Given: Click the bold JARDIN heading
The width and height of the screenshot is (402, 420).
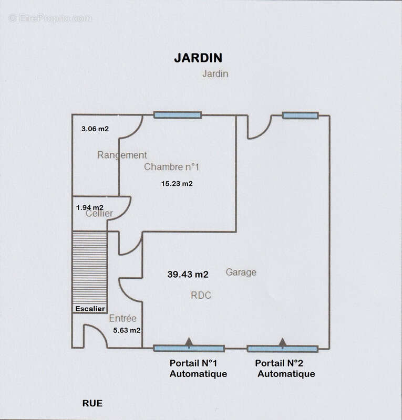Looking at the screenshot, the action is [198, 58].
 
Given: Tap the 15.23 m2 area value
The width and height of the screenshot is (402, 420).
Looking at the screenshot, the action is [177, 184].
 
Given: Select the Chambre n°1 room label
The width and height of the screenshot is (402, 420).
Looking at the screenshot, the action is [172, 167].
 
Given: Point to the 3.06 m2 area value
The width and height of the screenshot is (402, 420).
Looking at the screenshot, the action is [95, 129].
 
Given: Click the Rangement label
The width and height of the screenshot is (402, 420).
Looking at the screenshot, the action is [122, 155].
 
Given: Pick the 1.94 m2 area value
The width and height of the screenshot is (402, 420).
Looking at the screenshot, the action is [89, 207].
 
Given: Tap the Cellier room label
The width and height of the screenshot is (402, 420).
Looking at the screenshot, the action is [99, 214].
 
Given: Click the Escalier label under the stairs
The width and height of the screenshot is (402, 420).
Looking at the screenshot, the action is [90, 309].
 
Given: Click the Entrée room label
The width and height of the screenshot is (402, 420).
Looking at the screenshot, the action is [123, 318].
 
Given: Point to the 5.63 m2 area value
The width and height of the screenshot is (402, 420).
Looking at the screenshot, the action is [127, 330].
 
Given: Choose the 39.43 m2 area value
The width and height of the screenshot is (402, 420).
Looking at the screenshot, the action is [188, 274].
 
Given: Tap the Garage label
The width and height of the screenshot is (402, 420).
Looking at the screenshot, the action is [241, 272].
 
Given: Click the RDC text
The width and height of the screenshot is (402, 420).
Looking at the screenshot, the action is [201, 296].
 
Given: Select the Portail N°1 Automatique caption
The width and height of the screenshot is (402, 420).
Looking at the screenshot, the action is [198, 369].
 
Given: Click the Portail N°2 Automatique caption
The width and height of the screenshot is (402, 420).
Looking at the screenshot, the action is [285, 369].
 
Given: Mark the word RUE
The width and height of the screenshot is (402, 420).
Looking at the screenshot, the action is [92, 403].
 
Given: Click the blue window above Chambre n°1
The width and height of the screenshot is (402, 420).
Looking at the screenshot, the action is [178, 115].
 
